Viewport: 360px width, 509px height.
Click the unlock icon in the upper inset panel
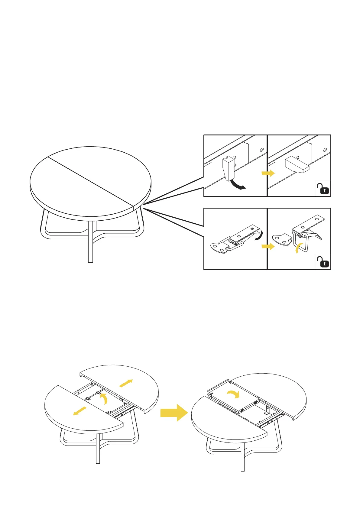tap(323, 189)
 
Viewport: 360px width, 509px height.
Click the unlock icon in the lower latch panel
tap(323, 262)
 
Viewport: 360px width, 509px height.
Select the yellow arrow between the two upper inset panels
tap(268, 173)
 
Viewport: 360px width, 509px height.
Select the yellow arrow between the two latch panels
tap(268, 246)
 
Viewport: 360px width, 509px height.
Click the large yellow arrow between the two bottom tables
tap(174, 413)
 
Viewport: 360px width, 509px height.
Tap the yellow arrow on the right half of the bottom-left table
tap(126, 383)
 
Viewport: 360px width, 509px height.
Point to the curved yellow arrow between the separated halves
tap(104, 398)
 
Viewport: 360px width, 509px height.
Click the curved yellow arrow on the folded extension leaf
tap(233, 394)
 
